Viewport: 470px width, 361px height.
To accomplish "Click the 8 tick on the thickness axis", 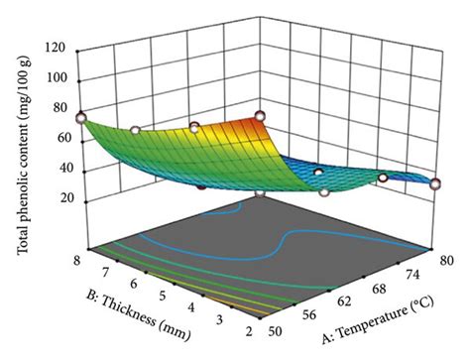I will (75, 254).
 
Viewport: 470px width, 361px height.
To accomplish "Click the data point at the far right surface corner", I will (435, 182).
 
